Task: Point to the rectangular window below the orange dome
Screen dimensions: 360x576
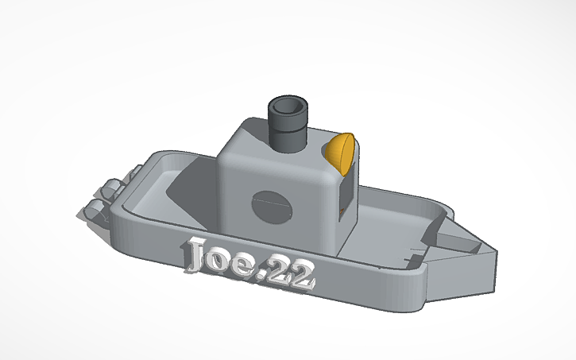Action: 346,191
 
